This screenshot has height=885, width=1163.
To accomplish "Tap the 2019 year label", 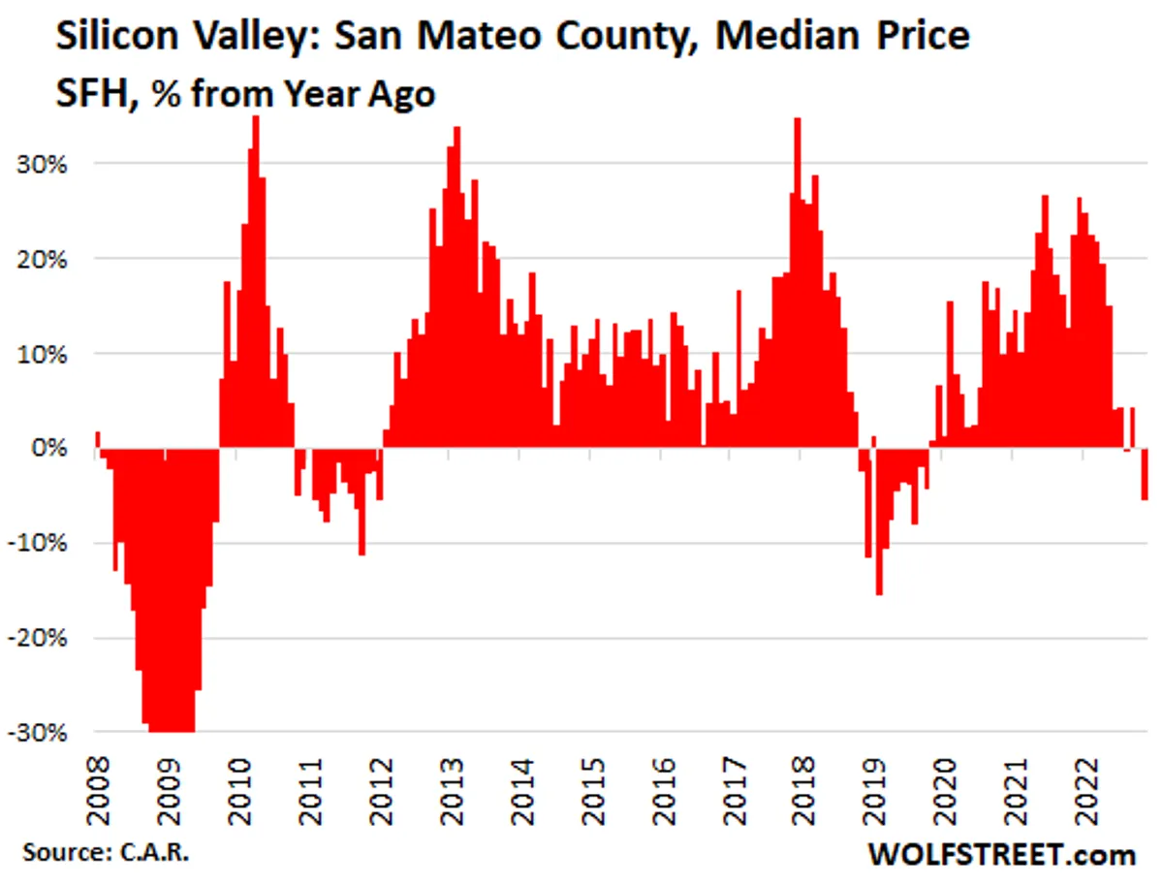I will tap(876, 789).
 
